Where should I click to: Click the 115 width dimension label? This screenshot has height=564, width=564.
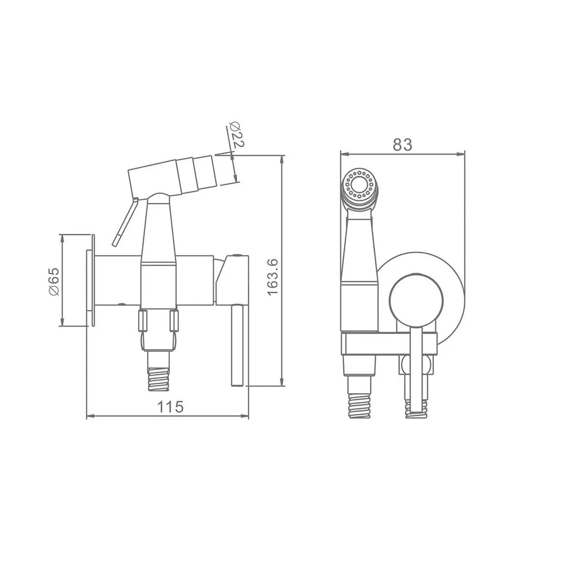coord(170,407)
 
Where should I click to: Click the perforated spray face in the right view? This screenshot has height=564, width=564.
coord(358,184)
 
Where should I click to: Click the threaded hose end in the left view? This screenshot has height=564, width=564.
coord(158,378)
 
